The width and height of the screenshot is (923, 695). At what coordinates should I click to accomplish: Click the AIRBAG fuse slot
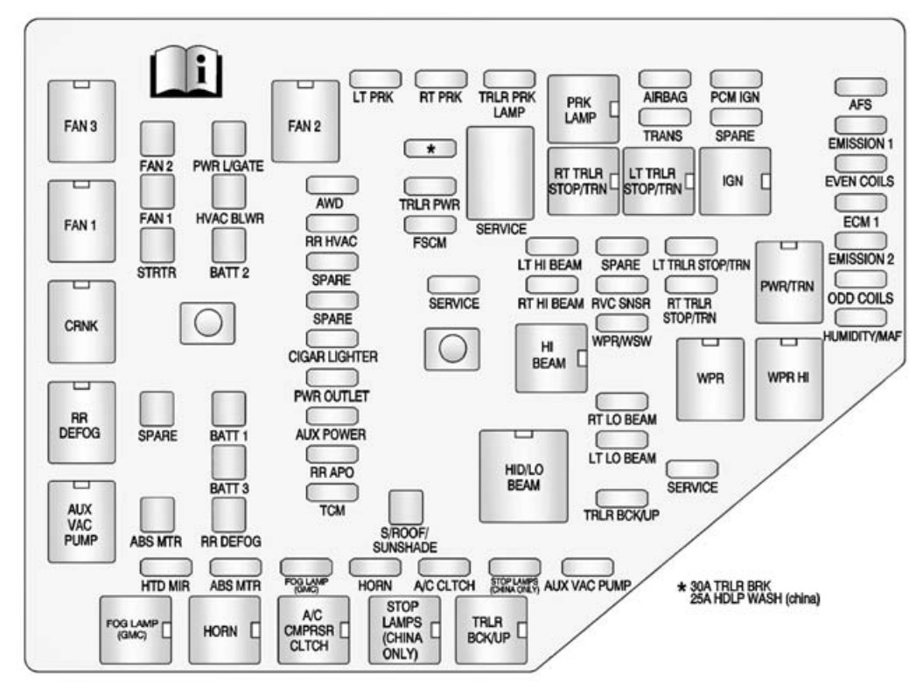[664, 80]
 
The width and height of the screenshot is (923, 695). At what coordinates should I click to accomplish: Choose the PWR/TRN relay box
[789, 282]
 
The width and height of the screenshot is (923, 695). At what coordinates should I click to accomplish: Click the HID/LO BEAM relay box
[523, 476]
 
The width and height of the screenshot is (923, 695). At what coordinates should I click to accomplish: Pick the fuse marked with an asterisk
[430, 149]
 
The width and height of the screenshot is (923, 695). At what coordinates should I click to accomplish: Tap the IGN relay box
[734, 181]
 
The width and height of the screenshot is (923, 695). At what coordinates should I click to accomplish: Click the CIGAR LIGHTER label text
[332, 357]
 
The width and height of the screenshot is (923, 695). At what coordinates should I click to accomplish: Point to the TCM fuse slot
[332, 492]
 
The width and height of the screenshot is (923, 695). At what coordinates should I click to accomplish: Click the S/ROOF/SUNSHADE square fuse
[405, 506]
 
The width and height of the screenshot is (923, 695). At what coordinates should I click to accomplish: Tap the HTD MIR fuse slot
[165, 567]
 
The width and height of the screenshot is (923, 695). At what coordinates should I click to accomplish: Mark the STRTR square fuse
[157, 246]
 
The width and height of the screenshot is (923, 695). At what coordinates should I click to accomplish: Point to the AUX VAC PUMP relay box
[80, 523]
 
